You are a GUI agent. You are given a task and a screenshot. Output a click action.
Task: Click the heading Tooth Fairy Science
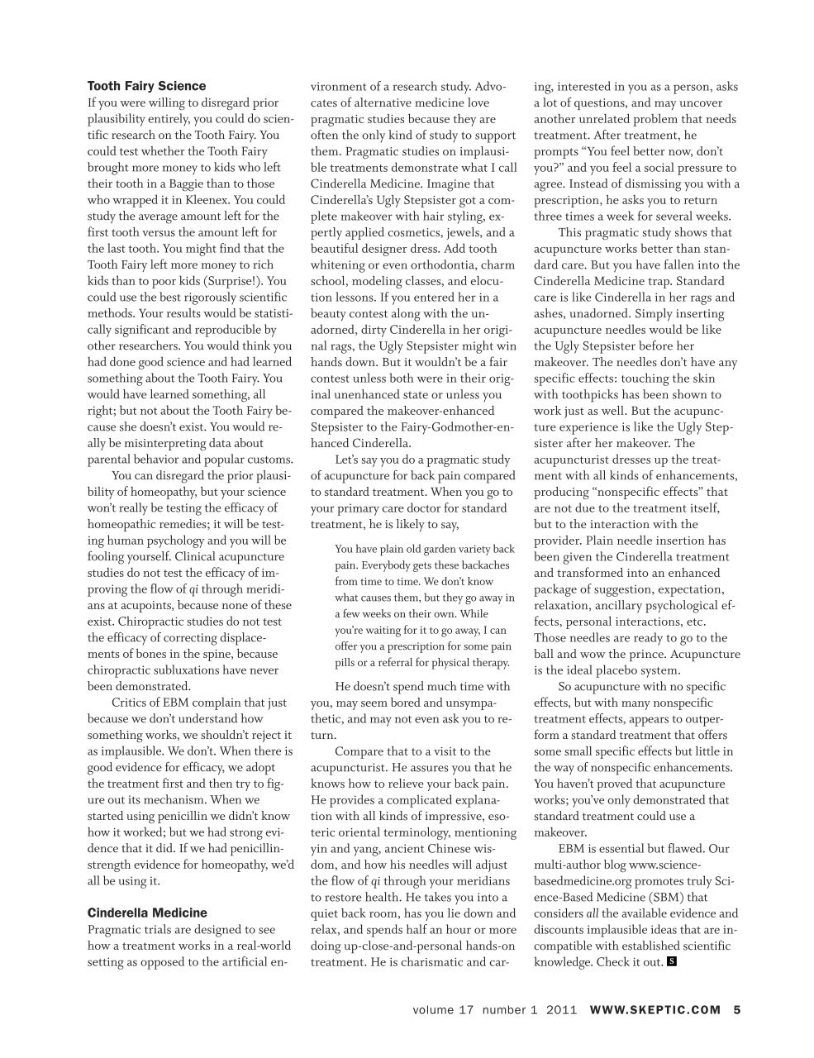(146, 86)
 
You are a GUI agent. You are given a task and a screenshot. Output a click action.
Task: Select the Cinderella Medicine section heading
(147, 913)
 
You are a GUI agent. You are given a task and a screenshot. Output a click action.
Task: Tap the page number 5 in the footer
(737, 1009)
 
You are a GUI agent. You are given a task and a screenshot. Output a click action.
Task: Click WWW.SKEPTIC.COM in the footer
(655, 1009)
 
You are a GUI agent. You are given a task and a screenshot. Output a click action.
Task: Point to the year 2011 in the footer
(561, 1009)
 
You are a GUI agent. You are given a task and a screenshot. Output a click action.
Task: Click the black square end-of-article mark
(672, 961)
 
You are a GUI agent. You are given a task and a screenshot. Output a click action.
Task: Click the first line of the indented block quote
(424, 549)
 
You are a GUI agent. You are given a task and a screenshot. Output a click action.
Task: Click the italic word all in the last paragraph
(592, 913)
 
